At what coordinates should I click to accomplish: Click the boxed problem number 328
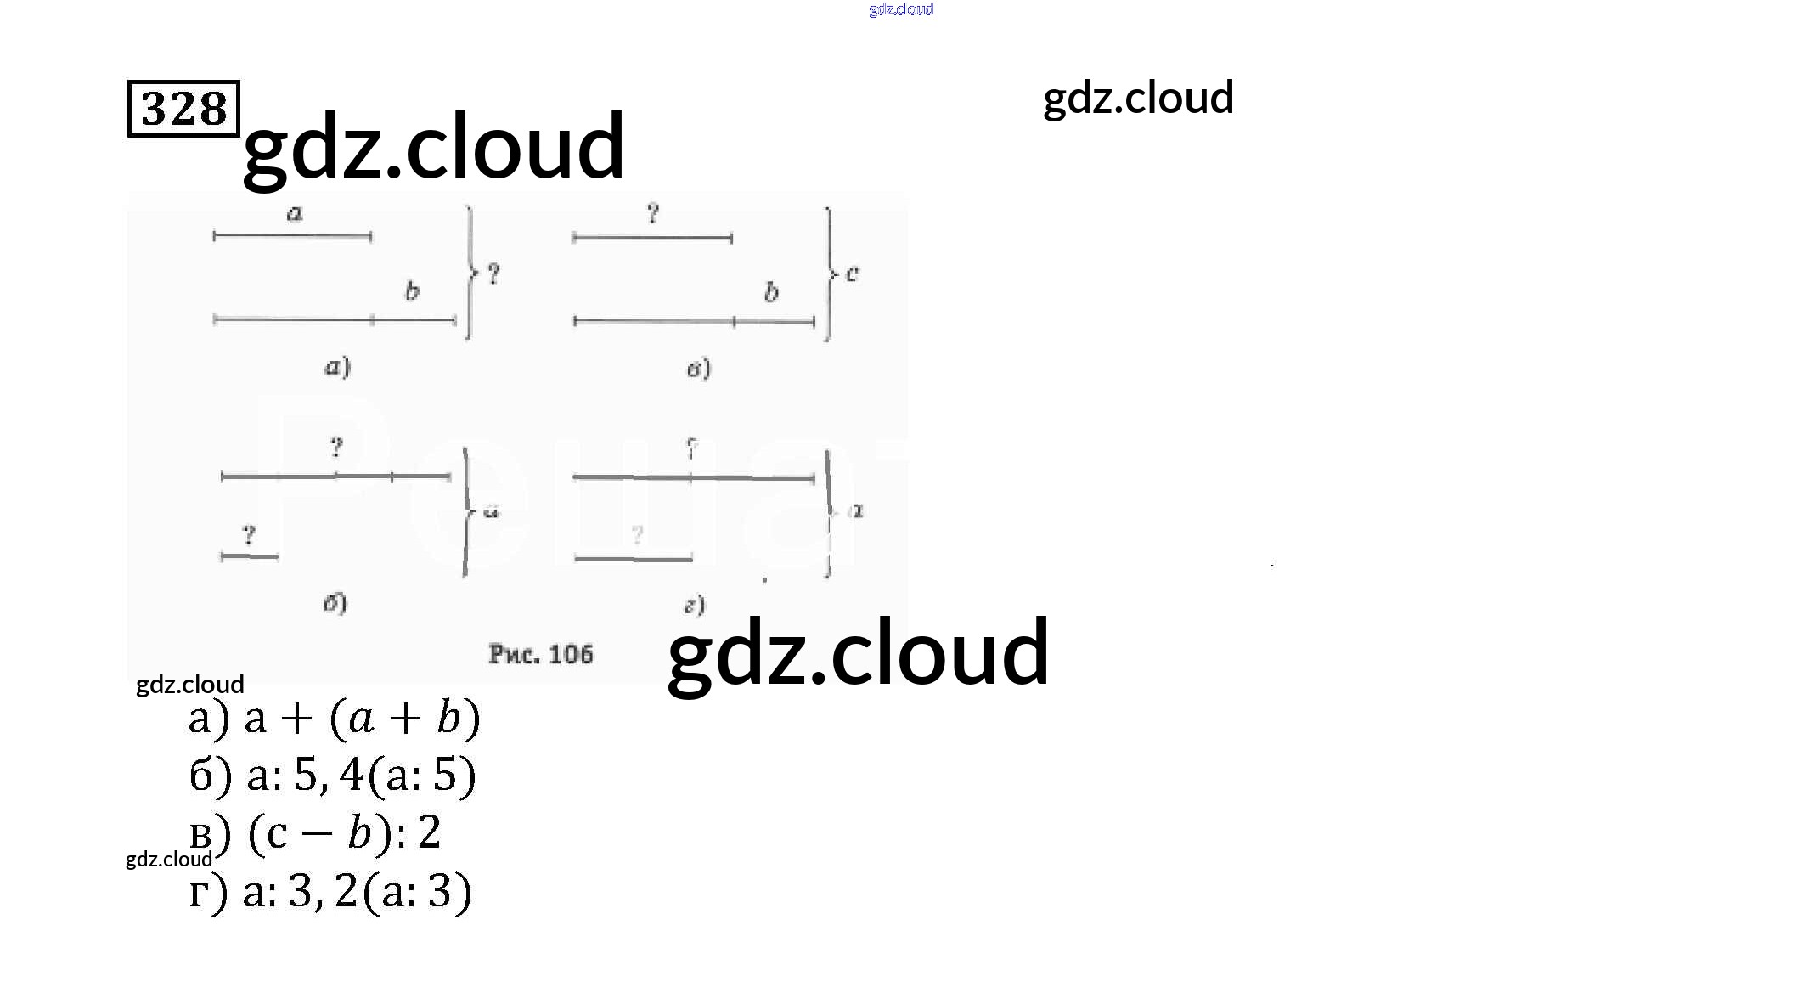(x=183, y=108)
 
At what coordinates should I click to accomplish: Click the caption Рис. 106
(x=540, y=654)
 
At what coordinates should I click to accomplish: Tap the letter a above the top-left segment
(x=295, y=213)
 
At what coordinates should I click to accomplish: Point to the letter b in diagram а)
(x=412, y=291)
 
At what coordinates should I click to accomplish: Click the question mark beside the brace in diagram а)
(x=493, y=274)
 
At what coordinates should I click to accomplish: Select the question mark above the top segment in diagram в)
(x=652, y=213)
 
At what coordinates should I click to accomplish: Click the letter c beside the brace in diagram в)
(x=853, y=274)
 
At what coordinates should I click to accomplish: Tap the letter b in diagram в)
(x=771, y=292)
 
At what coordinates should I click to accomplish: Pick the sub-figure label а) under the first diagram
(x=337, y=367)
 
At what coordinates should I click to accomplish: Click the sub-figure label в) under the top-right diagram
(x=698, y=369)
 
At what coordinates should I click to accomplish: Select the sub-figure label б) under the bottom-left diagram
(x=335, y=603)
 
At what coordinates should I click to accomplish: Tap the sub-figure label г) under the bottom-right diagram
(x=695, y=605)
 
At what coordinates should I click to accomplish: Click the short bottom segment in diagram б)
(x=249, y=557)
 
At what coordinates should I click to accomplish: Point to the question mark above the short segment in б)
(x=248, y=535)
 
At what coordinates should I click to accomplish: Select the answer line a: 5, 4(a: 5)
(x=332, y=775)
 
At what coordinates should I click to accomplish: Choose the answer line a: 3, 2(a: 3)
(x=330, y=892)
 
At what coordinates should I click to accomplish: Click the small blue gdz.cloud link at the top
(x=901, y=9)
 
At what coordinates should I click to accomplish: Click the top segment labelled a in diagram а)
(x=292, y=236)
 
